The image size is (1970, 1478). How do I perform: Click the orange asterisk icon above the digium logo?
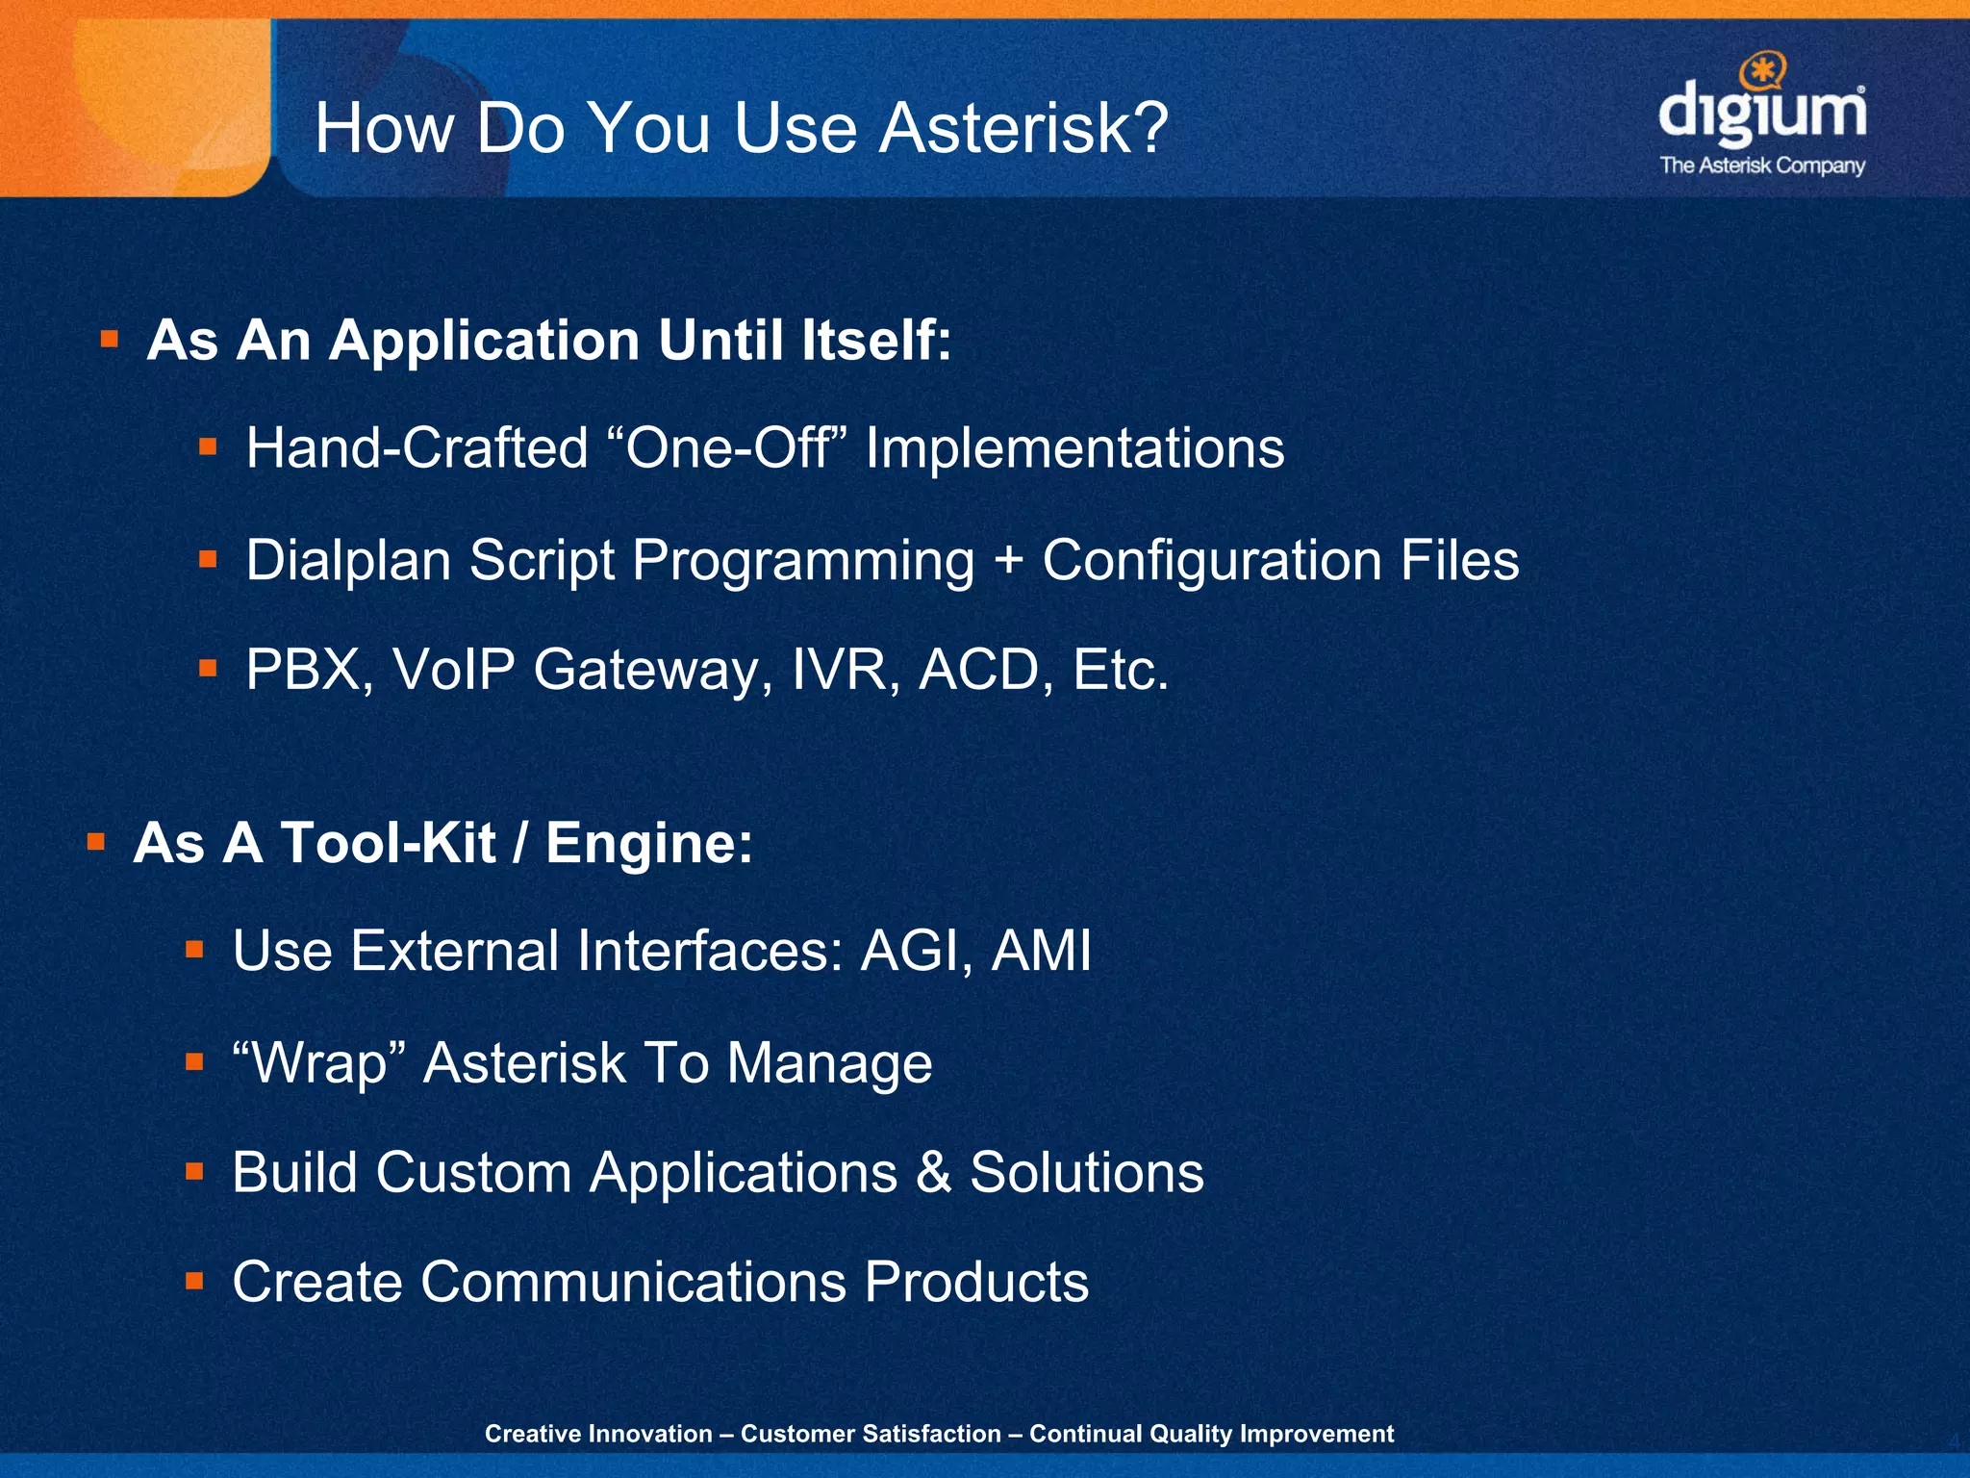[x=1764, y=71]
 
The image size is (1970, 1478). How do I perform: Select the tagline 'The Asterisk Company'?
[x=1762, y=166]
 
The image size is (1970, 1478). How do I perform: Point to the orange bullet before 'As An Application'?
[x=110, y=339]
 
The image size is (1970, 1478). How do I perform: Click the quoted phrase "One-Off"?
[x=728, y=447]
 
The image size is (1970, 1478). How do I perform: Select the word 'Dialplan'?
[x=348, y=561]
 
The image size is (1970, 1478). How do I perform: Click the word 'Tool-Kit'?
[x=387, y=843]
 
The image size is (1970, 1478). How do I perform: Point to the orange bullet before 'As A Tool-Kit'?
[x=96, y=843]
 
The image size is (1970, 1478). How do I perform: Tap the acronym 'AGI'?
[x=916, y=952]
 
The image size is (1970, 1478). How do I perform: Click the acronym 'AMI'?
[x=1042, y=952]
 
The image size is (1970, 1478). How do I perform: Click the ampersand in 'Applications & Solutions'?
[x=933, y=1173]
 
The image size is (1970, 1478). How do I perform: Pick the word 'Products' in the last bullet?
[x=975, y=1282]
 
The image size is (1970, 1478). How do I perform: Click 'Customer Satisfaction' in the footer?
[x=871, y=1434]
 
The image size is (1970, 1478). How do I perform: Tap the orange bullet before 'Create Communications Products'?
[x=195, y=1281]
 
